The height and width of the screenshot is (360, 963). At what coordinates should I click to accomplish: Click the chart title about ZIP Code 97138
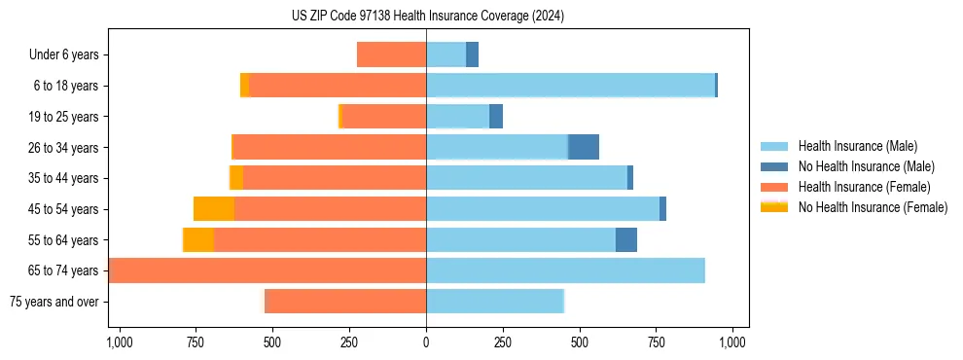427,17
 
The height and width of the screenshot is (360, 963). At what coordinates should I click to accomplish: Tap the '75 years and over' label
53,302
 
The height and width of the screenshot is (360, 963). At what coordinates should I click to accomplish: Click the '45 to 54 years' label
63,209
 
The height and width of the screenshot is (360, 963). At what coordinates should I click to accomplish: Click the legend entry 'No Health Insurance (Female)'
873,207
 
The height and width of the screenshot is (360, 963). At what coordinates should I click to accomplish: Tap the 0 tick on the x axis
426,342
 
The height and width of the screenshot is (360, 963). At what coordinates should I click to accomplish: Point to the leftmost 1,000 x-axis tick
119,342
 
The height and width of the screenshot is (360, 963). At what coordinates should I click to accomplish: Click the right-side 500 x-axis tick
580,342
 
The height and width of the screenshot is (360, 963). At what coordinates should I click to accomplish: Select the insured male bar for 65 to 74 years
565,270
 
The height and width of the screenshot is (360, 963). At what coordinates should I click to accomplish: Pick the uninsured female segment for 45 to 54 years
214,209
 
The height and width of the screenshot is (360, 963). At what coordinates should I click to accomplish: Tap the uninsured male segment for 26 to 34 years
584,147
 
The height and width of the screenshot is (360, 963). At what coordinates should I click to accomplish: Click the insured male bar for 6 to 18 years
570,86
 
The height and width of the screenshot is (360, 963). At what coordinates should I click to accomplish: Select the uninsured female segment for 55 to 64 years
198,239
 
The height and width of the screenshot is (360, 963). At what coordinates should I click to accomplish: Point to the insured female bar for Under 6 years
391,55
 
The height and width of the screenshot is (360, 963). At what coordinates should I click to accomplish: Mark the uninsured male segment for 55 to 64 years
626,239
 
